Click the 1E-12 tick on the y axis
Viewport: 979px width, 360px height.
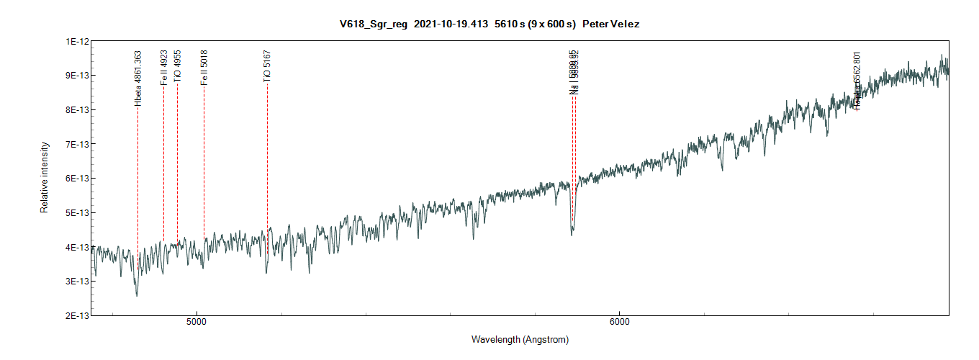pos(76,42)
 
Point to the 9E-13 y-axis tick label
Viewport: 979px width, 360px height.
pos(76,76)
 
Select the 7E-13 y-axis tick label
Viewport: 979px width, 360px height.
pos(76,144)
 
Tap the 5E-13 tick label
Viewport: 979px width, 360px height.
pos(76,213)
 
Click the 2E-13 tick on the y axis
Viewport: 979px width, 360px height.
pos(76,315)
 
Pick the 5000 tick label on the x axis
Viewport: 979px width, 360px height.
pos(196,322)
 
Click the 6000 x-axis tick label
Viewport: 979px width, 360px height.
pos(619,322)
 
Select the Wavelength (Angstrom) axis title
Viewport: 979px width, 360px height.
pos(520,339)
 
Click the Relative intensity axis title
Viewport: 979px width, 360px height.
pos(45,177)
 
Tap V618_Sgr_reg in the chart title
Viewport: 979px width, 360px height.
pos(374,24)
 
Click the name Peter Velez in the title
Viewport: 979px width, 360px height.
pos(610,24)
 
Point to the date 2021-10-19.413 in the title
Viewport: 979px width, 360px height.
pos(450,24)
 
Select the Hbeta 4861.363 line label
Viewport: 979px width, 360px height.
pos(138,78)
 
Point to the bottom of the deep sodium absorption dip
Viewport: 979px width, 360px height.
pos(572,233)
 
